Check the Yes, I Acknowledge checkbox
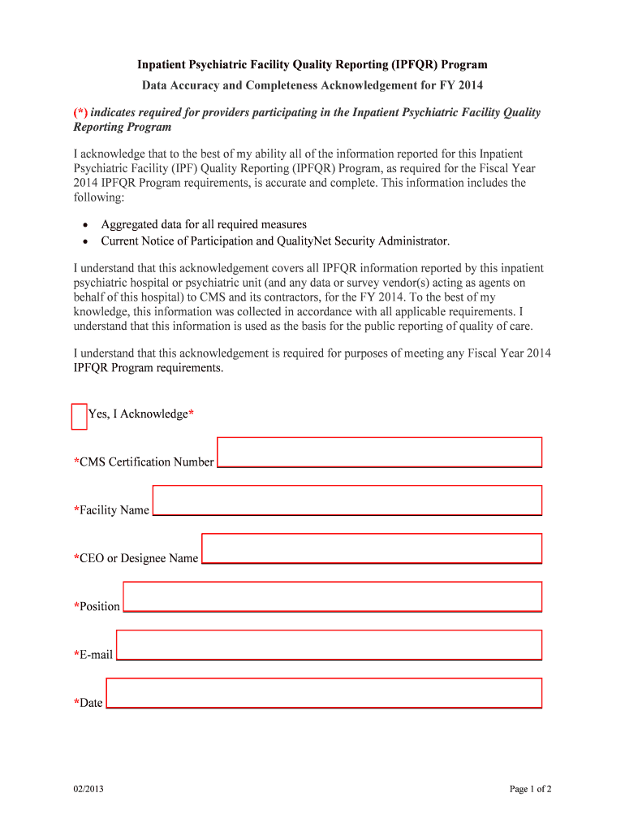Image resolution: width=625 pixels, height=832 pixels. click(x=79, y=416)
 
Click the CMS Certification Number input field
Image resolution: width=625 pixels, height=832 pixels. click(x=379, y=452)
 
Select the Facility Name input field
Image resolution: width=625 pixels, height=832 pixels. click(x=347, y=500)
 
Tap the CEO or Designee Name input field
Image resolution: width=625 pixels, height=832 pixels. click(x=371, y=548)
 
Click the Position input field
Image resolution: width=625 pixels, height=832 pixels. click(x=332, y=596)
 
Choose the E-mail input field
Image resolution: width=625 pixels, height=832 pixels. click(x=329, y=644)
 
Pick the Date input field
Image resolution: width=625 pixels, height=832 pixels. click(x=324, y=693)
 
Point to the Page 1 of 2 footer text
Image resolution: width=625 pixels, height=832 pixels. click(x=531, y=789)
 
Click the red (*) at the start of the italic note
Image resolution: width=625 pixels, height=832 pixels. click(x=81, y=112)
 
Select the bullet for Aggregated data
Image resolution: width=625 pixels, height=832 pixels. click(x=85, y=225)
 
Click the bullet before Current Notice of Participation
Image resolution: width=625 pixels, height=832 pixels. click(x=85, y=241)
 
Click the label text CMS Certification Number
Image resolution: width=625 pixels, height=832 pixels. click(x=146, y=462)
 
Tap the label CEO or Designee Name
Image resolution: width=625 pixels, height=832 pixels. click(x=138, y=558)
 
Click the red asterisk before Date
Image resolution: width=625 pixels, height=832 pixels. click(x=76, y=702)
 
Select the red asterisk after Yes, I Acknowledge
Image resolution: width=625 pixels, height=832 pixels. click(x=191, y=414)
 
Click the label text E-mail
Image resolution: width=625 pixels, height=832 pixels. click(x=96, y=655)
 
